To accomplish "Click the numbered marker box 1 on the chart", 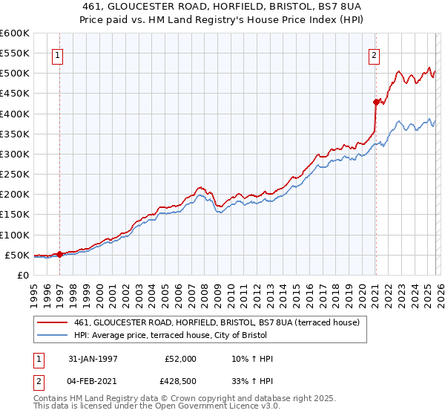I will pos(57,54).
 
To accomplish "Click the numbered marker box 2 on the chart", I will pos(375,54).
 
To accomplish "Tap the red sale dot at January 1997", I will pos(59,254).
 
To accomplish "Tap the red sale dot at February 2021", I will pos(376,102).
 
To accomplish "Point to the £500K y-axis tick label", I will pos(15,74).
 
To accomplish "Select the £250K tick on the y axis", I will pos(15,175).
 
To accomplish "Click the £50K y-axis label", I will pos(18,255).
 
